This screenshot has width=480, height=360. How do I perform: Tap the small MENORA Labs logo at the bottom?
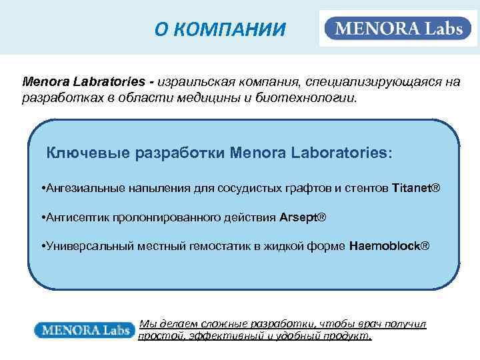point(84,329)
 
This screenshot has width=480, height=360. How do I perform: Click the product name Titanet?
point(412,188)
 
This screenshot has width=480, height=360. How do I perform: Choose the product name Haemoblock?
point(384,247)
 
